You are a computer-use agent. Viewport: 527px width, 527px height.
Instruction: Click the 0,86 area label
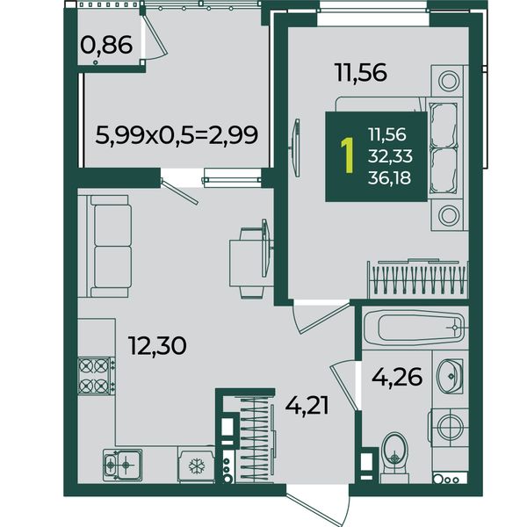[x=106, y=46]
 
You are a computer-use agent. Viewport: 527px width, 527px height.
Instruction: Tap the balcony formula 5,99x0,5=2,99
[x=177, y=135]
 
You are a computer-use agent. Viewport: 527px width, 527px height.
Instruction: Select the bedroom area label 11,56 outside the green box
[x=361, y=73]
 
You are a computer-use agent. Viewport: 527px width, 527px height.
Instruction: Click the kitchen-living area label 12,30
[x=157, y=346]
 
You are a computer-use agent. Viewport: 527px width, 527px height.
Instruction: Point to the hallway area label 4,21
[x=307, y=406]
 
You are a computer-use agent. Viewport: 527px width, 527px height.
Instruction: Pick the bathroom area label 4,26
[x=397, y=377]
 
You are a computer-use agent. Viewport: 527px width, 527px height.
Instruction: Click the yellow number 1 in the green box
[x=347, y=155]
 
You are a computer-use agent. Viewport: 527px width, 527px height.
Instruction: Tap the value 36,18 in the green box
[x=389, y=177]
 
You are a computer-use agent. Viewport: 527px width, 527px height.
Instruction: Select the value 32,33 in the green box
[x=390, y=156]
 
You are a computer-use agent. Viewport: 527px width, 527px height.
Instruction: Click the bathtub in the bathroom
[x=415, y=328]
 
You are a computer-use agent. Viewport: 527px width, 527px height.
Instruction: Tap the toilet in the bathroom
[x=395, y=458]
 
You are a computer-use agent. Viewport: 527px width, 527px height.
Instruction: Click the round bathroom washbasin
[x=450, y=376]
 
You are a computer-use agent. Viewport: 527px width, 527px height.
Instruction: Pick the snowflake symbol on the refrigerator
[x=197, y=466]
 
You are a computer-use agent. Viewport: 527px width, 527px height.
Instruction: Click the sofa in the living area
[x=109, y=246]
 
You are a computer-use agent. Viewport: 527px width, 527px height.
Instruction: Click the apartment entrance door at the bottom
[x=318, y=503]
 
